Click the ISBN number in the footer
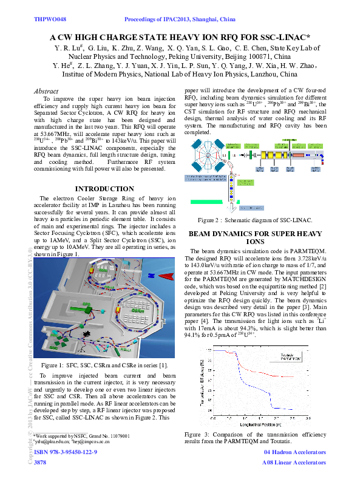pyautogui.click(x=66, y=453)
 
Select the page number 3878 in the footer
pyautogui.click(x=40, y=463)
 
